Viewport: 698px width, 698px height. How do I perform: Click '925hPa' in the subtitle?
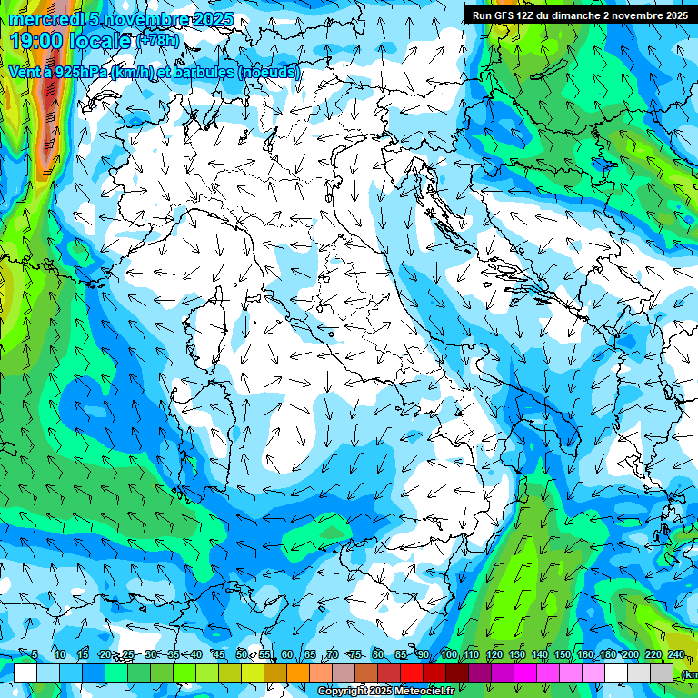[79, 72]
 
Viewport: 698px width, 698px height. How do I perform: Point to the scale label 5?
[35, 654]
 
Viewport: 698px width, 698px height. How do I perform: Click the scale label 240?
[675, 654]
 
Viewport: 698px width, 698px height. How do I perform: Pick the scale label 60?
[287, 654]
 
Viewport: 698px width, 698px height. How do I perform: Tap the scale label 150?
[562, 654]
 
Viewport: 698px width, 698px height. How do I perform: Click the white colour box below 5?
[25, 673]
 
